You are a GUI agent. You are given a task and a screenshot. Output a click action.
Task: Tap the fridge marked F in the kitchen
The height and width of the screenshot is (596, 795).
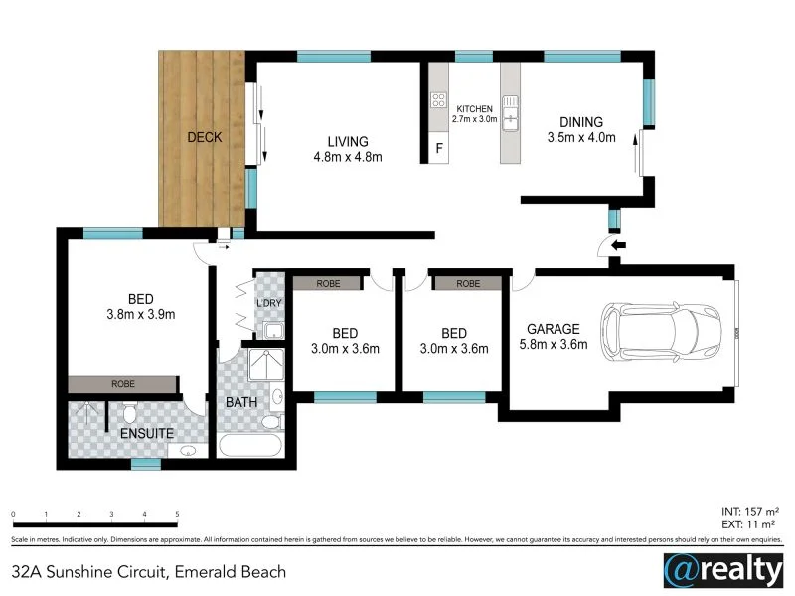[x=439, y=149]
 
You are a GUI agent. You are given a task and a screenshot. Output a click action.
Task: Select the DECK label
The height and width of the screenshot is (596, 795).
[x=205, y=137]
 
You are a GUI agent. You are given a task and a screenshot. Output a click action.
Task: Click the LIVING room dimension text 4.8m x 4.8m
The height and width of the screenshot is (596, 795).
[x=342, y=157]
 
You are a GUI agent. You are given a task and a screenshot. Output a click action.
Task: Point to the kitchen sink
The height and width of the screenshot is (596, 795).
[x=511, y=111]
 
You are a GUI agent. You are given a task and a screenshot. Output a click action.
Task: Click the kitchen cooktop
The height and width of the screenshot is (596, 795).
[x=437, y=99]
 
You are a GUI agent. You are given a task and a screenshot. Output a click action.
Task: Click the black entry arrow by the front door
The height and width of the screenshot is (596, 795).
[x=617, y=245]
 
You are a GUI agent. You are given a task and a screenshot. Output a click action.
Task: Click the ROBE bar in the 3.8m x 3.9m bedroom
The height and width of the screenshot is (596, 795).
[x=123, y=383]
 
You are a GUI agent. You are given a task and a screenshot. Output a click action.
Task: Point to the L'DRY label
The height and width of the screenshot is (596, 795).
[x=269, y=302]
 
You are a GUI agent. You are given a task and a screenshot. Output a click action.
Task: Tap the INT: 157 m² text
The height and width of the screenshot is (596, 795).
[x=749, y=509]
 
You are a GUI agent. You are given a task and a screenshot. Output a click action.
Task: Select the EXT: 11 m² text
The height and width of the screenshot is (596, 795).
[x=749, y=522]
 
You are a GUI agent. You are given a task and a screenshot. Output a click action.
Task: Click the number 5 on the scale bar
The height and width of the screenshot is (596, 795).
[x=177, y=514]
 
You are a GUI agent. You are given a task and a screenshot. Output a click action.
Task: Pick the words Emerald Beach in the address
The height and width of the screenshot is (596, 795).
[x=231, y=571]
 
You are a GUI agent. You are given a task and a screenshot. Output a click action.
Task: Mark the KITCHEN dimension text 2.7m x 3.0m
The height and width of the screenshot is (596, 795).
[x=474, y=119]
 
